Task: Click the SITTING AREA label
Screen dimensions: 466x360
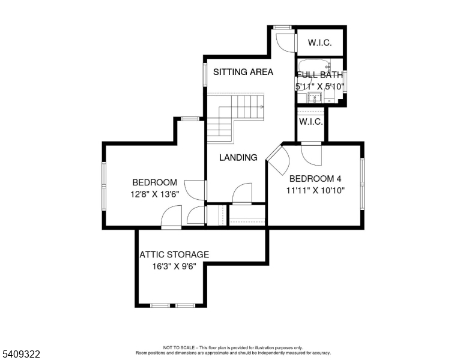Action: point(243,72)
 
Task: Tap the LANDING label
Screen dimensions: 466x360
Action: point(238,157)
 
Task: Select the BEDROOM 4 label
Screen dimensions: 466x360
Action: point(315,179)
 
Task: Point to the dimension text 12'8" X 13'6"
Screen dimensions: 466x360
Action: point(155,194)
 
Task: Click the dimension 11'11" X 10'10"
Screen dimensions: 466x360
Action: point(315,190)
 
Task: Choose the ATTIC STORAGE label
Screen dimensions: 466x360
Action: point(175,254)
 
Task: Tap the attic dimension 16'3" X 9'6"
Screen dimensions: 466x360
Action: point(175,266)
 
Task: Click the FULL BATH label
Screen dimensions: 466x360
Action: point(320,75)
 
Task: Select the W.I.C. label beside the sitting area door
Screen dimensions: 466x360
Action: point(320,43)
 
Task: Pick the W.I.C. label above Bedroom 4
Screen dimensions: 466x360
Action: point(311,121)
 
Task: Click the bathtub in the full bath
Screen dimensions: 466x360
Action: point(315,67)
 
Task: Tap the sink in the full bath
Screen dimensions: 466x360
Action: point(315,97)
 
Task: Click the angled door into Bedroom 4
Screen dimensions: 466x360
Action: point(278,160)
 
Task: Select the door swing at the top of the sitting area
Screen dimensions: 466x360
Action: point(286,43)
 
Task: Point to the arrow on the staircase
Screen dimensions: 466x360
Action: point(262,107)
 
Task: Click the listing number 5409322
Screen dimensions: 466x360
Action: point(21,354)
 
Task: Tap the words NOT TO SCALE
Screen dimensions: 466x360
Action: point(179,347)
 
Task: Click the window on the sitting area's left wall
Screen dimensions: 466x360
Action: point(205,74)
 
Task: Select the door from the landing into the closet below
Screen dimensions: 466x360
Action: point(242,194)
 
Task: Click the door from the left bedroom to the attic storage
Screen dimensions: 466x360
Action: point(172,217)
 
